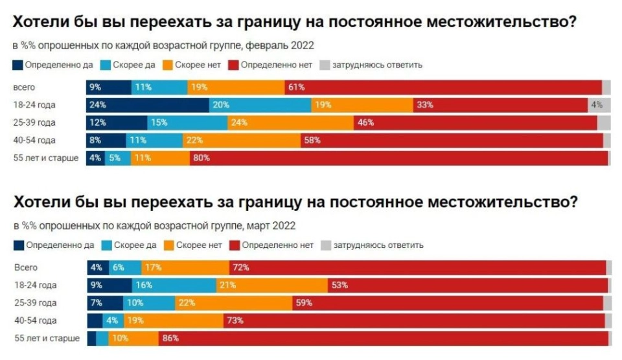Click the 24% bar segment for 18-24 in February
(x=148, y=104)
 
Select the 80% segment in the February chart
(x=398, y=157)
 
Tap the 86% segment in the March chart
(x=383, y=338)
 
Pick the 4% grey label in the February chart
(x=597, y=104)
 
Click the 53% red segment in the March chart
(x=467, y=285)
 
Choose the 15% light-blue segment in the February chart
(x=187, y=122)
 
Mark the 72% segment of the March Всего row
(x=417, y=267)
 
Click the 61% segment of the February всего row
(x=443, y=87)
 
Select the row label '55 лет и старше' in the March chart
(x=47, y=338)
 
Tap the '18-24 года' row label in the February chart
(x=34, y=104)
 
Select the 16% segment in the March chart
(x=174, y=285)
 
